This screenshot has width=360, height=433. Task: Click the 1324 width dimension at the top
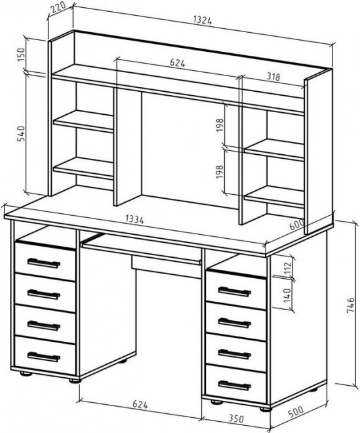(203, 20)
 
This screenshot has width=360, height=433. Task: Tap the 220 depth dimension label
(58, 9)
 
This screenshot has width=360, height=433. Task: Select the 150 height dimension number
(21, 55)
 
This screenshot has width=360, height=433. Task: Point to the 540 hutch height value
(21, 133)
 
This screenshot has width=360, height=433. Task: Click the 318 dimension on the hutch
(273, 77)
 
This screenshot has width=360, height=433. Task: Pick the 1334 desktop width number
(134, 219)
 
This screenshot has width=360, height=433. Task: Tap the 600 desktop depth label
(297, 224)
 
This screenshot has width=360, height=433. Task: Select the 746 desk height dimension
(350, 305)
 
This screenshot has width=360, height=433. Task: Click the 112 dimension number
(287, 268)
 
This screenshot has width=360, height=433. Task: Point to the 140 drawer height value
(287, 295)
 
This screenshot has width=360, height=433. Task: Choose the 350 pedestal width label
(236, 419)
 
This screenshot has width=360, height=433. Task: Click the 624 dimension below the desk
(140, 405)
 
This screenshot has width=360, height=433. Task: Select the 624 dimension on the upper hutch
(178, 63)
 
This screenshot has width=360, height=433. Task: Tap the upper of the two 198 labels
(220, 125)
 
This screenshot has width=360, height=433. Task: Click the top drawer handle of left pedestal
(44, 263)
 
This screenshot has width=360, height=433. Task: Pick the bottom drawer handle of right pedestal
(234, 385)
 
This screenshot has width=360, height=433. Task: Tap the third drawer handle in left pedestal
(44, 325)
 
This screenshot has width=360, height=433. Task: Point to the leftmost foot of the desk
(26, 374)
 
